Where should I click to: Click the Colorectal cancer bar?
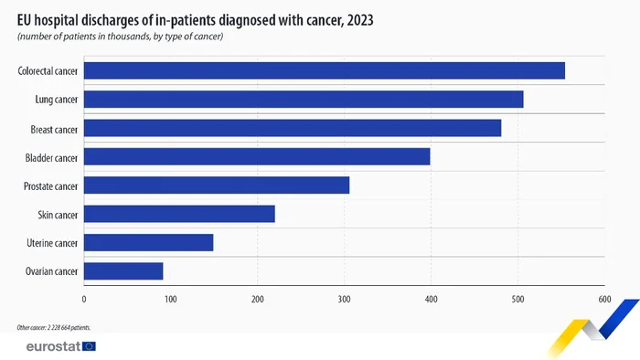coord(325,70)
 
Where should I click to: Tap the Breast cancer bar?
coord(293,128)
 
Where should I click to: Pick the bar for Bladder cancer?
coord(257,157)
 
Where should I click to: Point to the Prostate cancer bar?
coord(217,185)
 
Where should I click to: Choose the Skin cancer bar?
coord(179,214)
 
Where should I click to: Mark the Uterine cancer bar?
coord(148,242)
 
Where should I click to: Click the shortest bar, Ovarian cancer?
coord(123,271)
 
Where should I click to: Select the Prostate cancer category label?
coord(51,185)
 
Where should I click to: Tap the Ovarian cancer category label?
coord(52,271)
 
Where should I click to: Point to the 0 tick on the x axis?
coord(84,298)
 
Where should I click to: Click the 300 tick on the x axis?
coord(345,298)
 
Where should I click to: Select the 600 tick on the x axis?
coord(604,298)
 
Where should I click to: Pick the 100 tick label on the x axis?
coord(171,298)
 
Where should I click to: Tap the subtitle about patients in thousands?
coord(120,36)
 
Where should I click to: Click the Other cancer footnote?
coord(53,326)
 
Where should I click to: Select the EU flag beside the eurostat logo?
coord(89,346)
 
